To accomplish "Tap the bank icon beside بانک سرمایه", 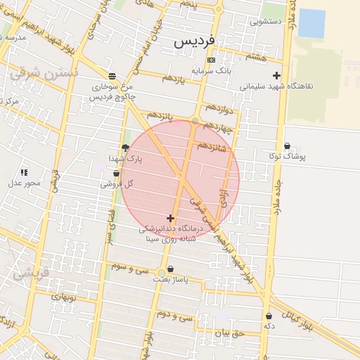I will [211, 61].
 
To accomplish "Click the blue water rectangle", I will [311, 23].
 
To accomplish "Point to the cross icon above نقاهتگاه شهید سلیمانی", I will [276, 75].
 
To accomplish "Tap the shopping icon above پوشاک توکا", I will [287, 146].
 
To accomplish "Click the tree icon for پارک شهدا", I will [125, 148].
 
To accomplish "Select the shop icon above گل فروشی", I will [116, 173].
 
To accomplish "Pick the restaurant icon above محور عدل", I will [24, 172].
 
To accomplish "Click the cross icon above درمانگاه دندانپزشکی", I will [170, 218].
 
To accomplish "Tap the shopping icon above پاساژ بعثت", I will [170, 269].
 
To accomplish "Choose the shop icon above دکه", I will [269, 316].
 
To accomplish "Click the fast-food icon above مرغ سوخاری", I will [112, 76].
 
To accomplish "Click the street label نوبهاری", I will [62, 297].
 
